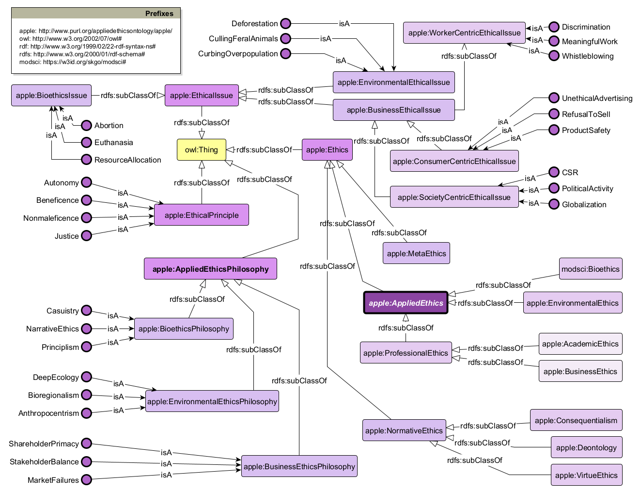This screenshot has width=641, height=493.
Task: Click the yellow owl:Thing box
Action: coord(202,149)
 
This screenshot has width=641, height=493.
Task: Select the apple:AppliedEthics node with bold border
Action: coord(406,303)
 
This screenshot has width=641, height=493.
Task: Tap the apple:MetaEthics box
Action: coord(416,253)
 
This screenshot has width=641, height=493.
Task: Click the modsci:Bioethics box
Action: coord(590,269)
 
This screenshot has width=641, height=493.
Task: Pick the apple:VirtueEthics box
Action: coord(586,475)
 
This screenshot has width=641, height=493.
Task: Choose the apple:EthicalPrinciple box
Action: coord(202,215)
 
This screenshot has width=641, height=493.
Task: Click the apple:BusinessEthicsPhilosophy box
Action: coord(299,466)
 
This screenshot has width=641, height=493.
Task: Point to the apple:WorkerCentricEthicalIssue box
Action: coord(464,33)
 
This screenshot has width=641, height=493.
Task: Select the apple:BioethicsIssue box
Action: coord(51,95)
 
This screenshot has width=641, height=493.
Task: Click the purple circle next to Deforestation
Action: coord(286,23)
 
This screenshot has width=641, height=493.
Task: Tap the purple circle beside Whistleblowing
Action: coord(554,56)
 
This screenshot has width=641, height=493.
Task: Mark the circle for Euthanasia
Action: coord(86,142)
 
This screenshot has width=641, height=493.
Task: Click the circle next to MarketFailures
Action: coord(86,480)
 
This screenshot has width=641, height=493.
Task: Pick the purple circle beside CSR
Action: coord(554,172)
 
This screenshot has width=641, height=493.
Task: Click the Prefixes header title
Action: coord(159,14)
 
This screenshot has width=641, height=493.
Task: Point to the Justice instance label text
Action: coord(66,236)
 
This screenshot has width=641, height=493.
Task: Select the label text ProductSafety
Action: coord(586,130)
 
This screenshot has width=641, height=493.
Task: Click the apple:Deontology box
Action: coord(586,447)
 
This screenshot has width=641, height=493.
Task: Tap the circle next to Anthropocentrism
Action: coord(86,413)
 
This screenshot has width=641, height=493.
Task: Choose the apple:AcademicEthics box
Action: coord(580,344)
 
